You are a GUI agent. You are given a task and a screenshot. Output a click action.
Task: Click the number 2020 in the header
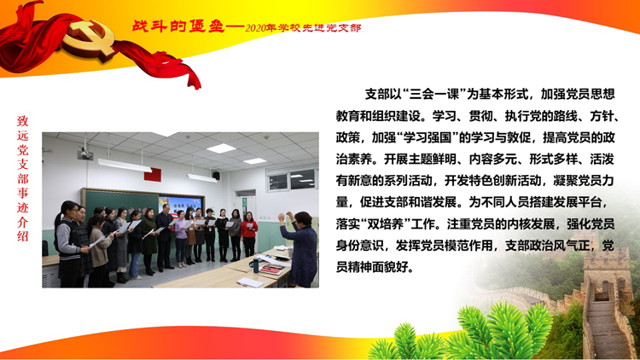[255, 28]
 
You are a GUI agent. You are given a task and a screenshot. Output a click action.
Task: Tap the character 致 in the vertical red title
[22, 121]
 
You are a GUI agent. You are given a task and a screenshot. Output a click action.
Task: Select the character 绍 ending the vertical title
[22, 236]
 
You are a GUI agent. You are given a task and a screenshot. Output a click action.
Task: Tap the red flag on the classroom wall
[152, 175]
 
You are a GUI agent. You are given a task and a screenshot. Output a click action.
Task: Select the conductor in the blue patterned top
[300, 248]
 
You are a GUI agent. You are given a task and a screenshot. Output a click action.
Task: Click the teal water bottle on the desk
[256, 265]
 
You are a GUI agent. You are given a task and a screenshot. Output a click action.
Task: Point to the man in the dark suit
[165, 237]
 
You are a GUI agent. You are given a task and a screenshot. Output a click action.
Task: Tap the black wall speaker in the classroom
[216, 176]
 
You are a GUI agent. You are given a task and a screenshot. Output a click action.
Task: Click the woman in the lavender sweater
[180, 239]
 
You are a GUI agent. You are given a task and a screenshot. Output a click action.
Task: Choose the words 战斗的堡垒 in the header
[178, 26]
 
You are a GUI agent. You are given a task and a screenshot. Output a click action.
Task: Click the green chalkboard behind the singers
[121, 206]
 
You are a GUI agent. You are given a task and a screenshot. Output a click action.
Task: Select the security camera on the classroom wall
[84, 154]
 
